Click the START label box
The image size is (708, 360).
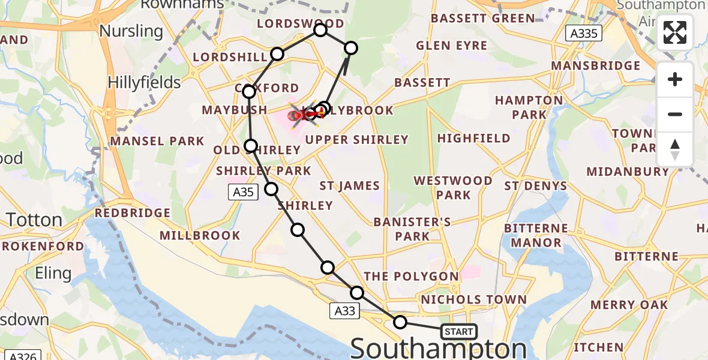[x=459, y=331]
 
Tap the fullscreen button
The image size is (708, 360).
[x=675, y=33]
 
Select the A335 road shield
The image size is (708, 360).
[x=584, y=34]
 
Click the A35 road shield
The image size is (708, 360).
[x=243, y=192]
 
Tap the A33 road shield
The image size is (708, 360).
[x=345, y=310]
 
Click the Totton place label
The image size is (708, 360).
[x=35, y=220]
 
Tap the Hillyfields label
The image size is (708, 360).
[x=145, y=82]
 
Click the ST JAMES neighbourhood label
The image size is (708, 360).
[x=349, y=186]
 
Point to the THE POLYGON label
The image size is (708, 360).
[x=411, y=277]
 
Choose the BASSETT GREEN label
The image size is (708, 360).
[x=483, y=19]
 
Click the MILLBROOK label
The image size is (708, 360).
[x=201, y=235]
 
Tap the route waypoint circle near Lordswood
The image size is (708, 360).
[x=320, y=30]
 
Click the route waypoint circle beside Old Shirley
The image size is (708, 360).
[x=251, y=145]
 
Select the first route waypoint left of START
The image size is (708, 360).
[x=400, y=322]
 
